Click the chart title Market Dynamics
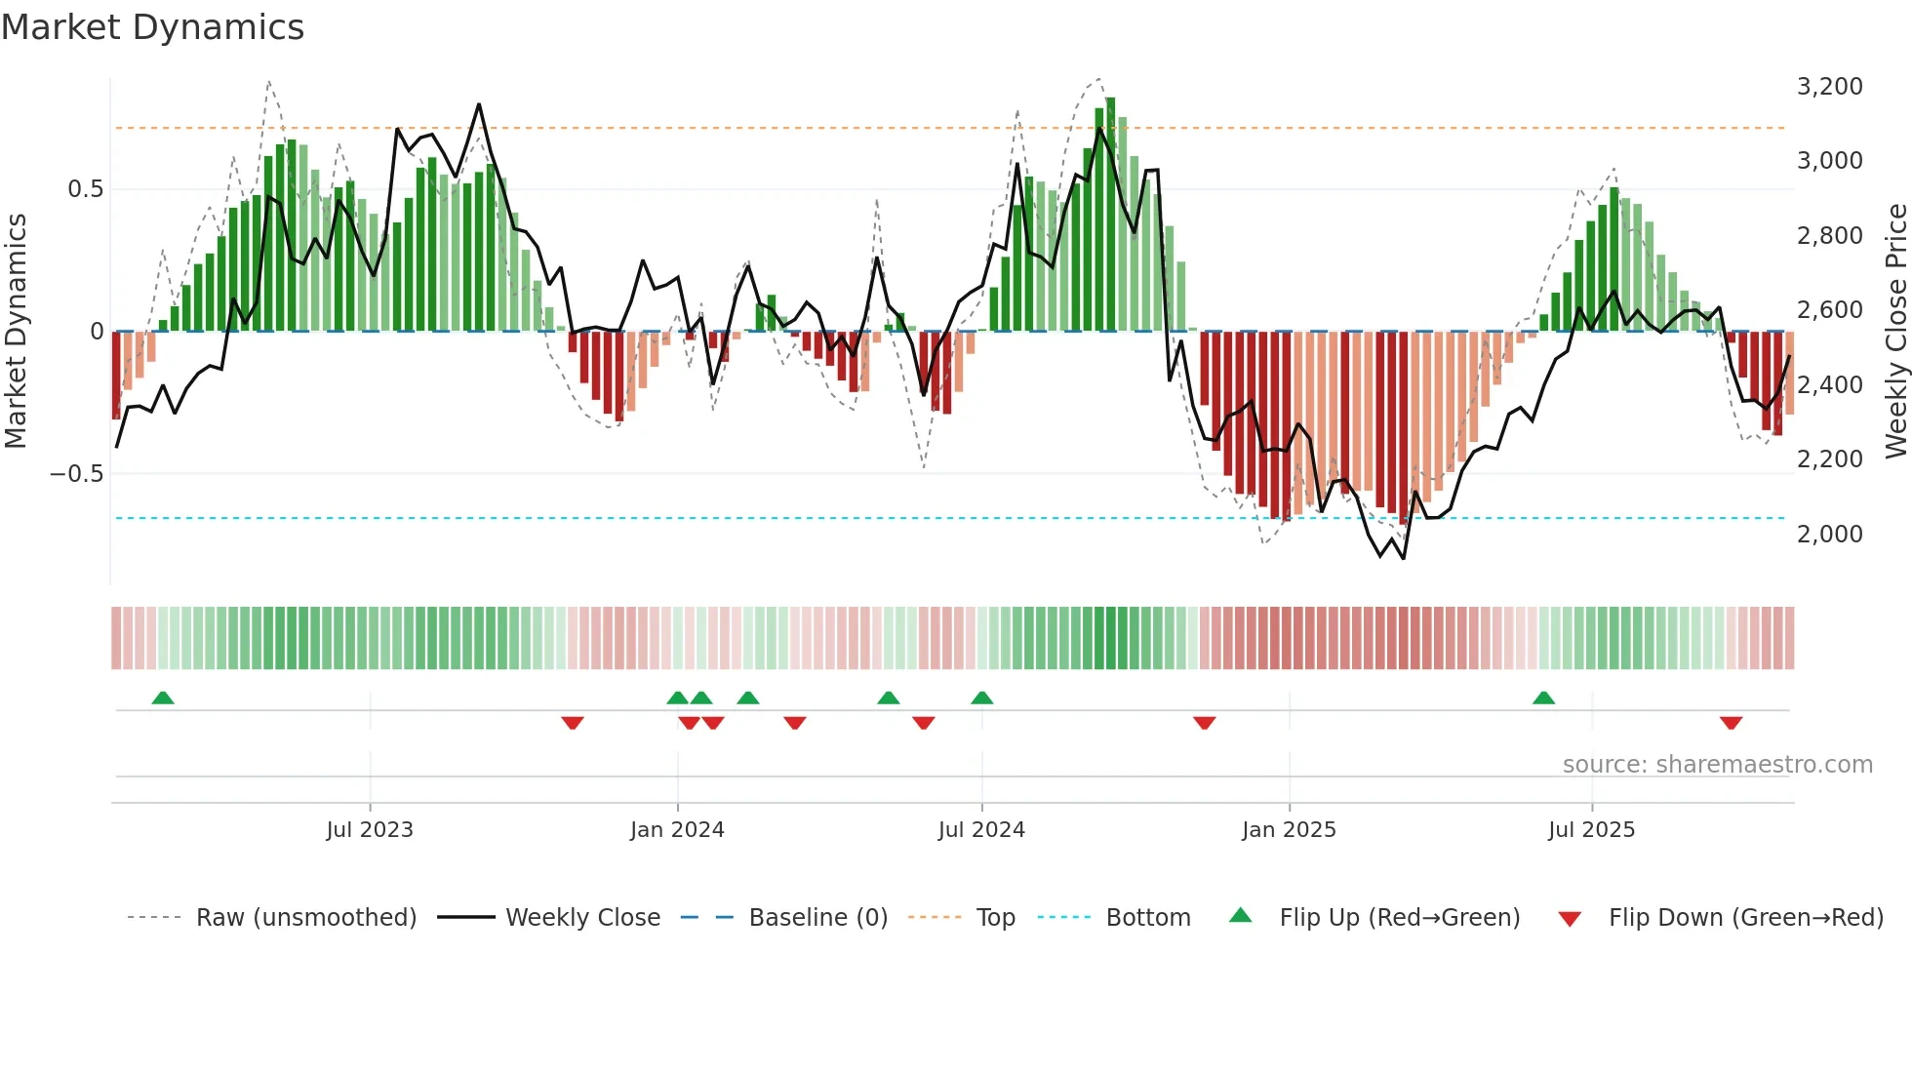tap(152, 27)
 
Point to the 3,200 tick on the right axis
tap(1829, 86)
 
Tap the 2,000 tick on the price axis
tap(1829, 534)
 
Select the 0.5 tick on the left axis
tap(85, 188)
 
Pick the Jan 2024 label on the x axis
tap(677, 830)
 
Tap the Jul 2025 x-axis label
tap(1591, 830)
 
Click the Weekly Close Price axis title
tap(1895, 332)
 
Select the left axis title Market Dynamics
tap(16, 332)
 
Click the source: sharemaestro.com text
tap(1717, 765)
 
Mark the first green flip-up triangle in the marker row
tap(163, 698)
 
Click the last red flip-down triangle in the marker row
tap(1731, 723)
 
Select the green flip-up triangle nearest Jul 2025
tap(1543, 698)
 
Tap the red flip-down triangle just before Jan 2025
tap(1204, 723)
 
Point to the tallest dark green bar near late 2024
tap(1110, 215)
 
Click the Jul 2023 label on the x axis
tap(370, 830)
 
